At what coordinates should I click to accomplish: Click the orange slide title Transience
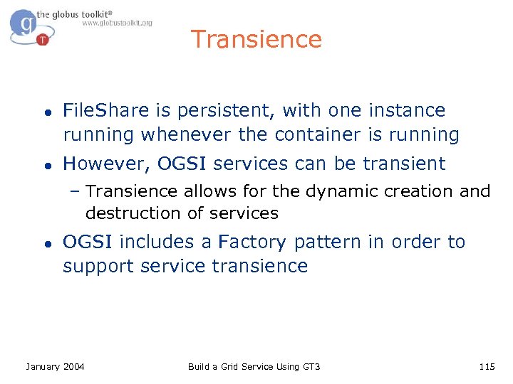(x=256, y=39)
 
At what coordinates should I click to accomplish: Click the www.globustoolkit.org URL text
(x=117, y=23)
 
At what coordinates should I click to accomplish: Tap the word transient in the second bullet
(x=404, y=164)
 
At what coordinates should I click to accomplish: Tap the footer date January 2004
(x=55, y=366)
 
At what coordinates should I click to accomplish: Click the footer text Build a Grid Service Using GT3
(x=254, y=366)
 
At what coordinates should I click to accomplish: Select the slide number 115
(x=487, y=366)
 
